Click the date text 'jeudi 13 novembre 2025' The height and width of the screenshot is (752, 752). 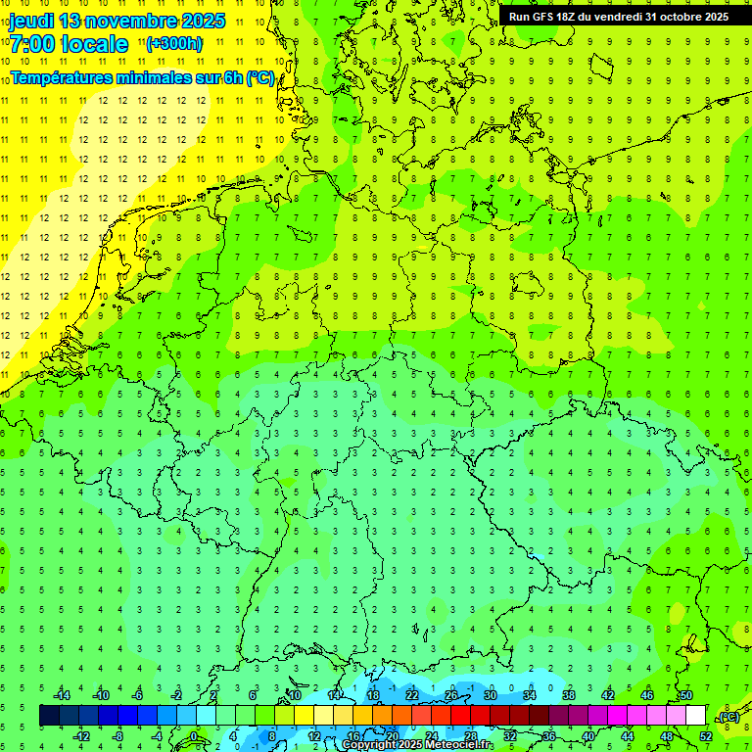tap(117, 21)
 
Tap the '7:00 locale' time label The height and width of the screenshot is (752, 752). tap(68, 44)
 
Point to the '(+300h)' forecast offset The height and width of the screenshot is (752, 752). tap(174, 44)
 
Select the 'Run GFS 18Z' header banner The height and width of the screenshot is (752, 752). tap(618, 16)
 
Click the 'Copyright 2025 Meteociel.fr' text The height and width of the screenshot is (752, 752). tap(417, 744)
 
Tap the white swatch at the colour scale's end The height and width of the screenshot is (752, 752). tap(695, 716)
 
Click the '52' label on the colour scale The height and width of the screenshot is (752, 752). tap(706, 736)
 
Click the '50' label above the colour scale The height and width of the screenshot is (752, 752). tap(685, 695)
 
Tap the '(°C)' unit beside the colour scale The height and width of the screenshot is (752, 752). tap(728, 717)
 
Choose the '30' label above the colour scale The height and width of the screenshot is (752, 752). tap(490, 695)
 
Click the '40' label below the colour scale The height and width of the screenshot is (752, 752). tap(587, 736)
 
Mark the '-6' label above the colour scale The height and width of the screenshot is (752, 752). tap(138, 695)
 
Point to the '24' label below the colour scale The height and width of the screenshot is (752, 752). tap(431, 736)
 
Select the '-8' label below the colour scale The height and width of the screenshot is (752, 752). tap(118, 736)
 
